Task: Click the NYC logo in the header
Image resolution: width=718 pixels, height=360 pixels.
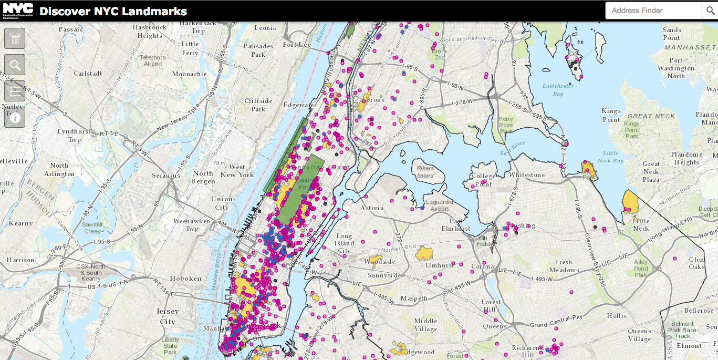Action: [x=17, y=10]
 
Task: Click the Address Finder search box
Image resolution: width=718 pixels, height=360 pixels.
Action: [x=653, y=11]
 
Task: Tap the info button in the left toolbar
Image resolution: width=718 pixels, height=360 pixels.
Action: [x=15, y=118]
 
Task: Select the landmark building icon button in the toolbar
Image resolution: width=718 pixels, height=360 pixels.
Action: [x=15, y=38]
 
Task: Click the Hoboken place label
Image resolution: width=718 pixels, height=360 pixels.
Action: [x=185, y=279]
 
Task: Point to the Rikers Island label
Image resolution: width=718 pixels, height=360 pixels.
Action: [x=425, y=172]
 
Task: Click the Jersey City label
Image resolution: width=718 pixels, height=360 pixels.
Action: [x=168, y=316]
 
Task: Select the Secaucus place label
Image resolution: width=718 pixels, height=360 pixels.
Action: [x=166, y=176]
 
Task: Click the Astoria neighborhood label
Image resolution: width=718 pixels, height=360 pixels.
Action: [x=372, y=208]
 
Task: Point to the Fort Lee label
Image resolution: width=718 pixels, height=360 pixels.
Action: [x=297, y=45]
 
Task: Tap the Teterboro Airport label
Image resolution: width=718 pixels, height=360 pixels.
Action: [x=153, y=60]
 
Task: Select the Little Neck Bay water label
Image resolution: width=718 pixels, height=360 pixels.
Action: [x=610, y=157]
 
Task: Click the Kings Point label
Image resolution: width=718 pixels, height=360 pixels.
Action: [x=611, y=115]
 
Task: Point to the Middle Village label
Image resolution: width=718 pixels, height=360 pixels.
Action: [x=425, y=325]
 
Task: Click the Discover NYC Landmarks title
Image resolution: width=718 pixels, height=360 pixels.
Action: [x=113, y=11]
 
